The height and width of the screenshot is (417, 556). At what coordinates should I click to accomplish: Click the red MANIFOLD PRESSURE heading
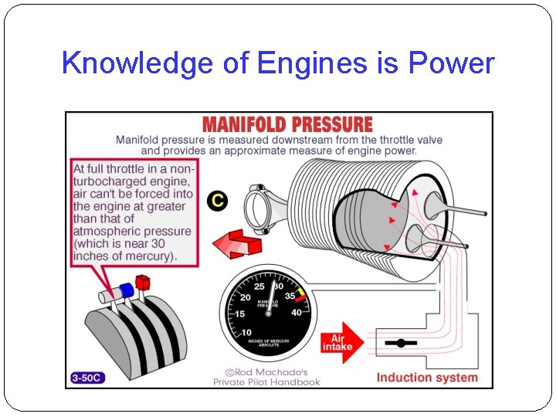point(286,124)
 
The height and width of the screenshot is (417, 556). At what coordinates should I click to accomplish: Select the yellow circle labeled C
point(218,201)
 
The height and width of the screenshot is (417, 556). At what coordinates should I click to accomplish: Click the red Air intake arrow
point(341,341)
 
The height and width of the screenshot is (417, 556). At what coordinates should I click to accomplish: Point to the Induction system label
point(427,378)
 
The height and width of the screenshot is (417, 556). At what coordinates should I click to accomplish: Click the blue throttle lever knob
point(125,290)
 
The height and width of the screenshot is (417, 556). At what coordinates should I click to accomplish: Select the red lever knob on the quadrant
point(141,280)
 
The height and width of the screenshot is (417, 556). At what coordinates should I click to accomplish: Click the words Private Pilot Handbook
point(266,381)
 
